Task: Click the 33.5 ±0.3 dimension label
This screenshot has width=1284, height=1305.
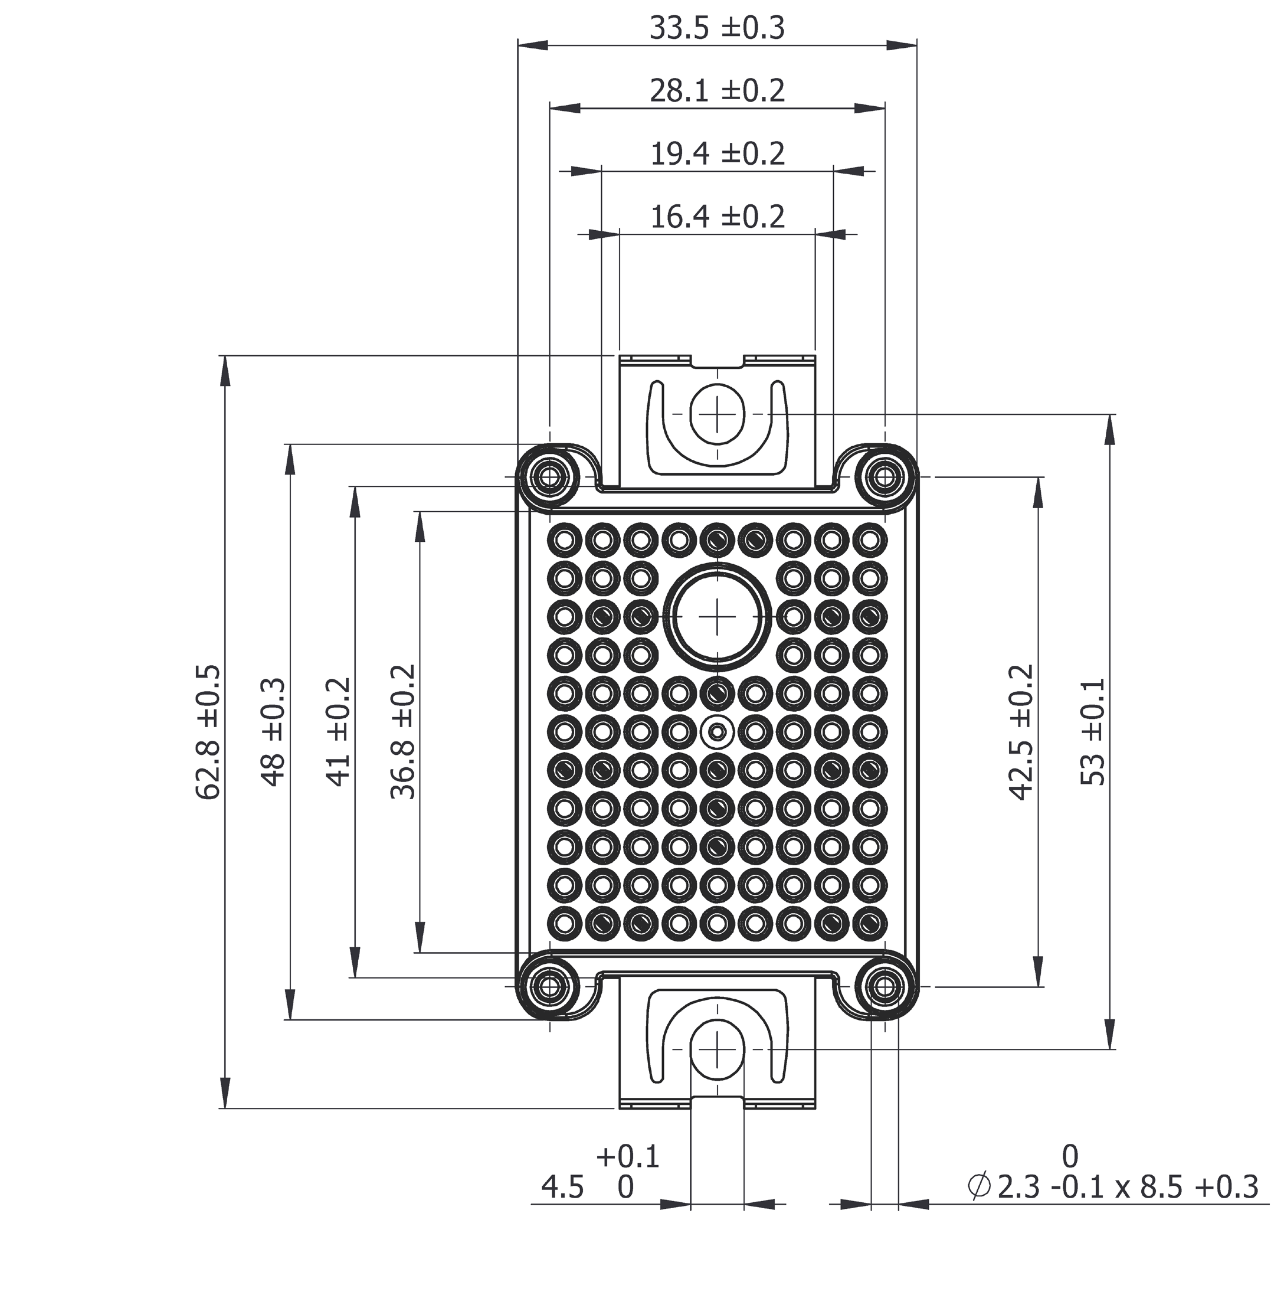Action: coord(717,28)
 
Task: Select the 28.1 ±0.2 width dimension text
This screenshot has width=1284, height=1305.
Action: coord(717,91)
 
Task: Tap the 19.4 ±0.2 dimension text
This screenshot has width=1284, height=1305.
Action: coord(717,155)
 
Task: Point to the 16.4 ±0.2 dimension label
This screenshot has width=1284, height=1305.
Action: coord(717,217)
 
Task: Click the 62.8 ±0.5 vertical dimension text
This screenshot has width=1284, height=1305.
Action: coord(208,732)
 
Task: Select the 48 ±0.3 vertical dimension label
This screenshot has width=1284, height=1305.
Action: coord(273,732)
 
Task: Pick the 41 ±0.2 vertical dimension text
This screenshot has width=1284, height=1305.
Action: coord(339,732)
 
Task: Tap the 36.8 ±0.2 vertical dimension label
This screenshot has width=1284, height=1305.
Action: coord(403,732)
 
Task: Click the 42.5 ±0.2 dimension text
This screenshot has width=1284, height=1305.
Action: coord(1021,732)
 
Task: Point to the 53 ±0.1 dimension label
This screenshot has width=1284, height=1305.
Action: coord(1092,732)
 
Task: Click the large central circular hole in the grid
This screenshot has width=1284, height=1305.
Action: coord(718,615)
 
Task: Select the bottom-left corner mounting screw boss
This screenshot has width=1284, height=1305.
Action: coord(549,987)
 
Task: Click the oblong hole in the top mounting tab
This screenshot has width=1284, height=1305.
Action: coord(718,413)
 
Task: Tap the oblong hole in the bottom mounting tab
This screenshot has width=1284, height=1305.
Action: coord(718,1050)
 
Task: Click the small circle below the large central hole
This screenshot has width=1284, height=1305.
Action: coord(718,731)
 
